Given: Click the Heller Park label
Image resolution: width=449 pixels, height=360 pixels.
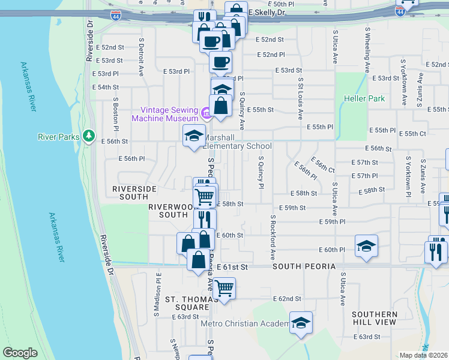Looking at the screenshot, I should (364, 98).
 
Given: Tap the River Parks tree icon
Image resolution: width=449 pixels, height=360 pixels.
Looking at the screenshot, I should (89, 137).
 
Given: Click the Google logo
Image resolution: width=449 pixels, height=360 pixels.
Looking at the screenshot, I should (20, 353).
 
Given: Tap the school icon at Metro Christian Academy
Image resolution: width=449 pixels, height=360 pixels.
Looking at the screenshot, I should (301, 322).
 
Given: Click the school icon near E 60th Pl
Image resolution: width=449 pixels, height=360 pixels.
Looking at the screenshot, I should (366, 245).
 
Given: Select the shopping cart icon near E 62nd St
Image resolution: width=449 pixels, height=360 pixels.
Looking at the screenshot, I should (224, 289).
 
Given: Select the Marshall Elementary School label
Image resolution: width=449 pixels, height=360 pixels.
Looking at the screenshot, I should (238, 142).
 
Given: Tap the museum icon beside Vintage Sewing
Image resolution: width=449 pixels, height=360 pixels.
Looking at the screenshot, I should (206, 112).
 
